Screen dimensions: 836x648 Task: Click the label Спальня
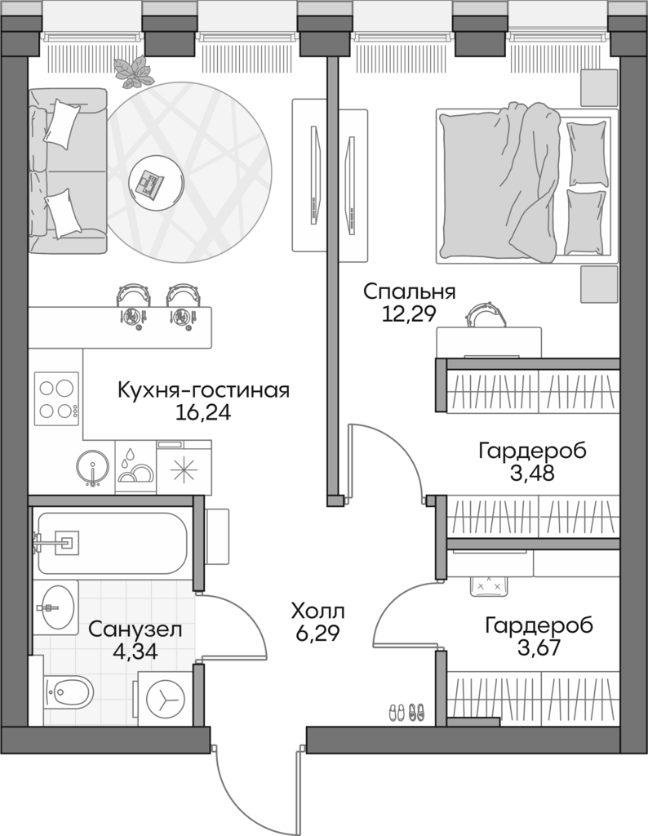(408, 291)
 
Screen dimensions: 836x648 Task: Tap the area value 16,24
(203, 412)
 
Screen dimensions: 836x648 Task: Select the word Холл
(318, 610)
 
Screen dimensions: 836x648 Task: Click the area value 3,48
(531, 474)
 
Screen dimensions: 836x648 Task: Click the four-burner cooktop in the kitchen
(56, 398)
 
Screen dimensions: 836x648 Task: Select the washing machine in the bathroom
(166, 699)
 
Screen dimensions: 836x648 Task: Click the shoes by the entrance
(406, 711)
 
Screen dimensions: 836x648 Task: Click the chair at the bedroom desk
(486, 314)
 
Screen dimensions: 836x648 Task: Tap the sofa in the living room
(67, 171)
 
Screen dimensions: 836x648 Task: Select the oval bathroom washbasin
(55, 607)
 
